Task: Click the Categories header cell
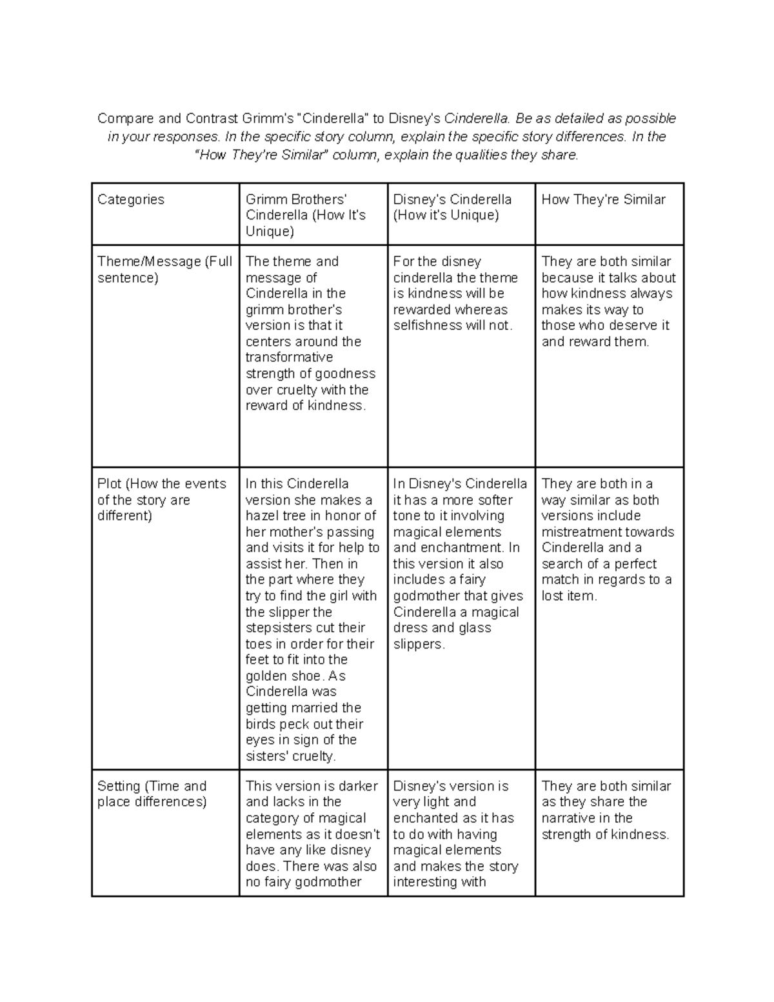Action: [x=131, y=200]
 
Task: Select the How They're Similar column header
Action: [x=603, y=200]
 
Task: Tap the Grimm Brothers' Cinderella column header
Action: [x=305, y=215]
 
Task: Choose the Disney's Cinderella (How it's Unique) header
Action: [x=452, y=207]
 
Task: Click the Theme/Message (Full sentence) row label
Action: [x=164, y=270]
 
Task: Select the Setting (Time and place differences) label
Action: [x=152, y=794]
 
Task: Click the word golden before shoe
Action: [x=266, y=676]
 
